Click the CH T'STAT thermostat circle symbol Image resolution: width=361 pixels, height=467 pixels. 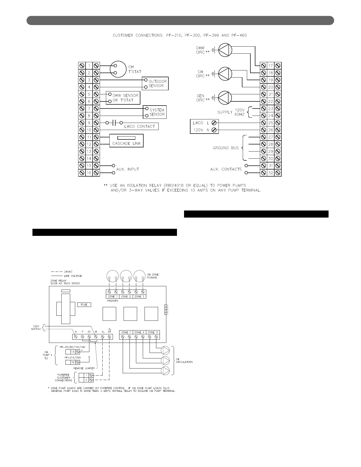tap(118, 69)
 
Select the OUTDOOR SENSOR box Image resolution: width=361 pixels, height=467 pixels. tap(155, 83)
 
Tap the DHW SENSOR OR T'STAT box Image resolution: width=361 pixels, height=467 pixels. tap(123, 98)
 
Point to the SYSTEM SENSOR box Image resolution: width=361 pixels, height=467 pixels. tap(155, 112)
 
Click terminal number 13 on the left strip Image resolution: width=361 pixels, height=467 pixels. tap(89, 152)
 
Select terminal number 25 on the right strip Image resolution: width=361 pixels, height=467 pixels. tap(271, 123)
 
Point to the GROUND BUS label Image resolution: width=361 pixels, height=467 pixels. tap(226, 148)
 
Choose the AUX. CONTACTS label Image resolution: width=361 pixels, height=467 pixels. tap(226, 169)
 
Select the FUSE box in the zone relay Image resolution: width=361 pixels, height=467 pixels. tap(84, 305)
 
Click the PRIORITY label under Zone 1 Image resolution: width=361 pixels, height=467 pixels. tap(112, 301)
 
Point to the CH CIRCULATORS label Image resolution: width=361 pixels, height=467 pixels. tap(184, 360)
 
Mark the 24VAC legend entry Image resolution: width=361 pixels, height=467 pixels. tap(69, 271)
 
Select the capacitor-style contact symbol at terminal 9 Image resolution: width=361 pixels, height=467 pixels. tap(113, 123)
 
